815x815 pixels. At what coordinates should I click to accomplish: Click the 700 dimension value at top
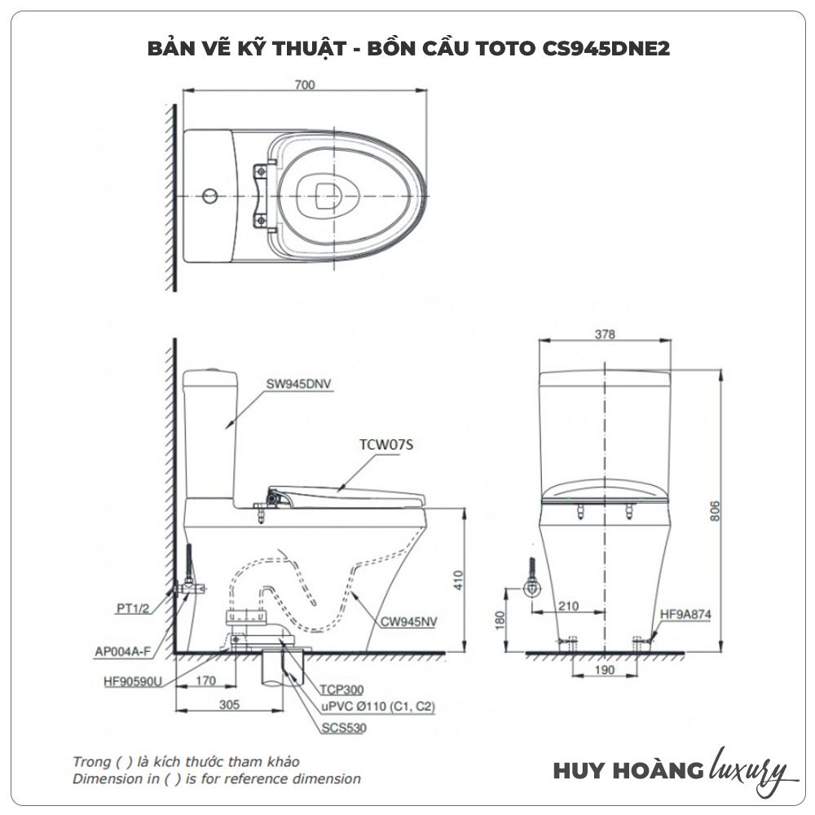[x=305, y=85]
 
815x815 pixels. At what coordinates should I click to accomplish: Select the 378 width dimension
[x=604, y=334]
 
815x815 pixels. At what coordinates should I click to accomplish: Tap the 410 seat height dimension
[x=457, y=579]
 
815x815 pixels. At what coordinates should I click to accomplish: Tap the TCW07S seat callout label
[x=385, y=446]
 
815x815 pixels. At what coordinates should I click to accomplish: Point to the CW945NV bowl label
[x=409, y=621]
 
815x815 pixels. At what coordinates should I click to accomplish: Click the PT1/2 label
[x=133, y=607]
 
